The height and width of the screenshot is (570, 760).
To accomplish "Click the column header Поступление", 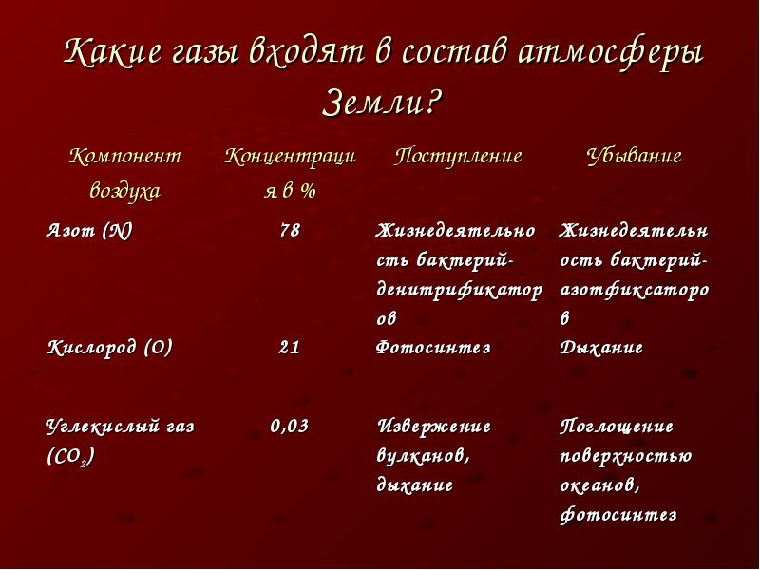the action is pos(458,156).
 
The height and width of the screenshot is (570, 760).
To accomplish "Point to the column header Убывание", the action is pos(634,156).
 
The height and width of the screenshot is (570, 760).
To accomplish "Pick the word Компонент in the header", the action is pos(125,156).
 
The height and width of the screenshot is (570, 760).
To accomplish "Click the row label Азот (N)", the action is pos(89,230).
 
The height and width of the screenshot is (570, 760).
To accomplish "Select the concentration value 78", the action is pos(290,230).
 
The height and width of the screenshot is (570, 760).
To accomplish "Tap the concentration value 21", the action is pos(290,348).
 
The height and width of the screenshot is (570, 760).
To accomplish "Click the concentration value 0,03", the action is pos(290,426).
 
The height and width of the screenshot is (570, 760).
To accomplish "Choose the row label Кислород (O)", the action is pos(109,348).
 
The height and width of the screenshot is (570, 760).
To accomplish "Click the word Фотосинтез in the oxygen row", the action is pos(433,348).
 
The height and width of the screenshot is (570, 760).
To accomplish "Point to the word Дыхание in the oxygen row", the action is pos(601,348).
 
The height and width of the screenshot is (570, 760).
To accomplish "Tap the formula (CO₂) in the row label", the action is pos(70,457).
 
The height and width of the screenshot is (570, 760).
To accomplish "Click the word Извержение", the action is pos(434,427).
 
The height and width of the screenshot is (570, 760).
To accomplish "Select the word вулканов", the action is pos(423,456).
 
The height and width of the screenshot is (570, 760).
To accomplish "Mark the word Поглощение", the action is pos(617,427).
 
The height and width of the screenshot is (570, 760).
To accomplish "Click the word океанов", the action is pos(600,485).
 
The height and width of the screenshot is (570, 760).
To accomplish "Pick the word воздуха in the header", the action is pos(125,191).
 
